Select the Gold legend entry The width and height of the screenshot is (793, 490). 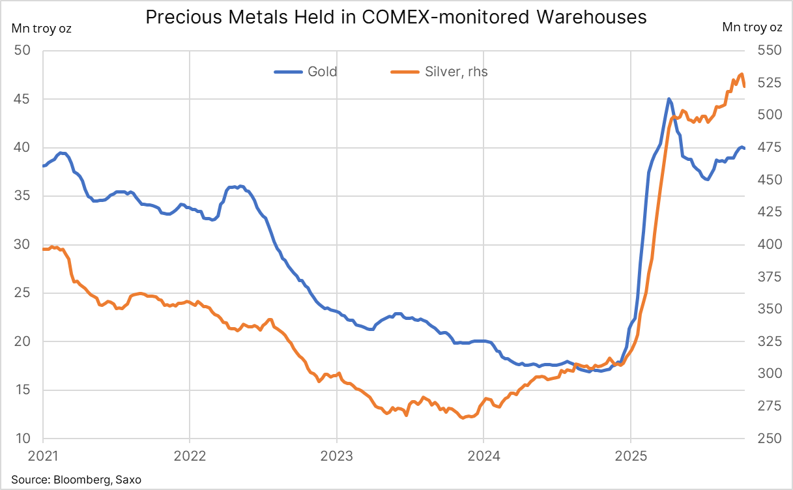322,72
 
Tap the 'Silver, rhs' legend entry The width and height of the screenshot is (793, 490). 456,72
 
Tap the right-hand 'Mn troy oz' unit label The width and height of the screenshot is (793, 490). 753,28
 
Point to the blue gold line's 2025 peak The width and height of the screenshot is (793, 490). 669,99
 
